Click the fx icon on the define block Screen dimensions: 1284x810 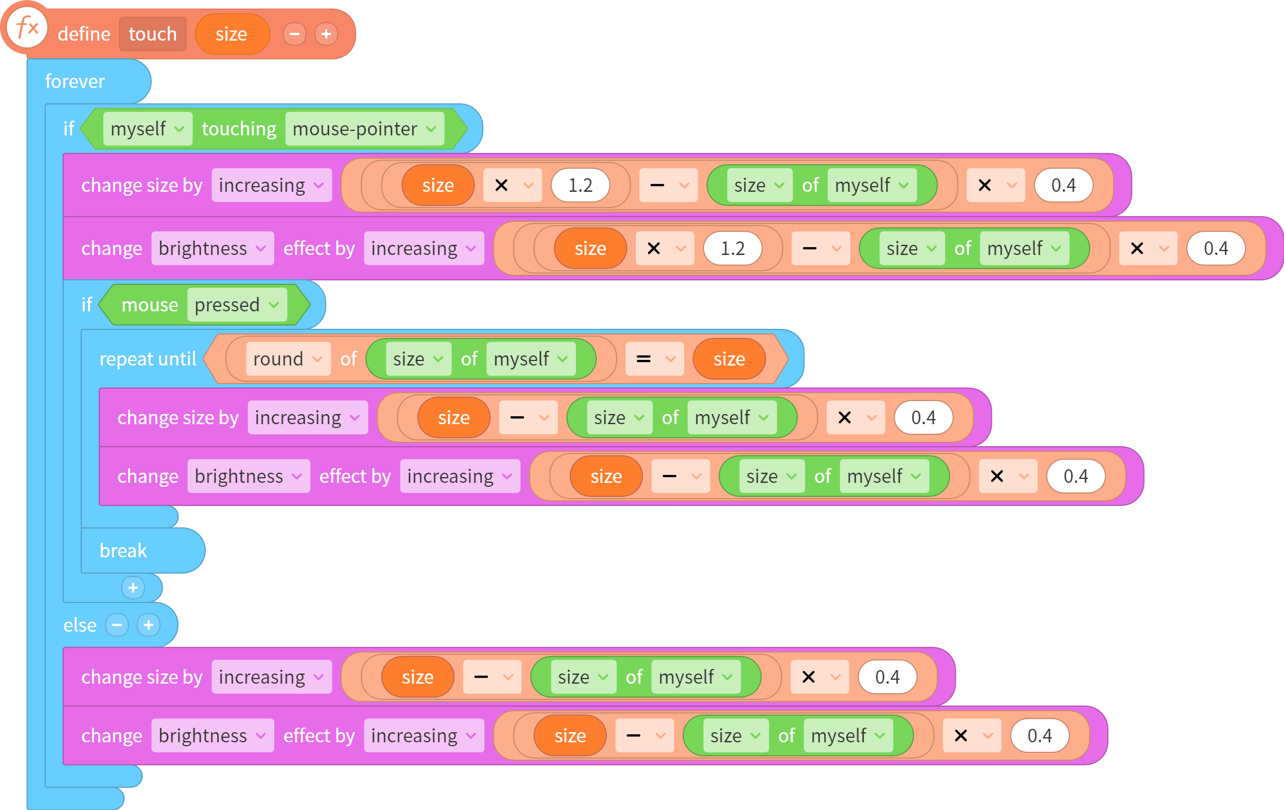click(x=27, y=27)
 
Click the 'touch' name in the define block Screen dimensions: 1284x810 click(x=152, y=34)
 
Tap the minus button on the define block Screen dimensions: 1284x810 click(x=294, y=34)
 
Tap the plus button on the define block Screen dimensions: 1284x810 click(x=326, y=34)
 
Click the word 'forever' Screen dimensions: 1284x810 click(x=75, y=81)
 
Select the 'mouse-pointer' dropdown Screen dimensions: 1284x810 click(x=364, y=129)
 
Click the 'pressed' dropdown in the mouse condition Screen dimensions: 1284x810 click(x=237, y=305)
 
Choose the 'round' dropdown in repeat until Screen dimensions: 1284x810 click(x=288, y=359)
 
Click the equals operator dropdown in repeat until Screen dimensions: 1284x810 click(x=654, y=359)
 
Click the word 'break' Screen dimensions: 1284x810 click(x=123, y=551)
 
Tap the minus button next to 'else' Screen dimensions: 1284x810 click(x=117, y=625)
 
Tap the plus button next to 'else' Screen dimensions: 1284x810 click(x=149, y=625)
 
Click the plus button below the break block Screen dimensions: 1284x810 click(x=133, y=588)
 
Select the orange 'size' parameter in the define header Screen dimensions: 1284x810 click(x=231, y=34)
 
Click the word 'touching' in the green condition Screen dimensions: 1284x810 click(x=239, y=129)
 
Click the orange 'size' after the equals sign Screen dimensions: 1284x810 click(x=729, y=359)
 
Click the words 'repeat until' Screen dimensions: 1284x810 click(x=148, y=359)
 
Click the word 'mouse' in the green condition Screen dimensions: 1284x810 click(x=150, y=305)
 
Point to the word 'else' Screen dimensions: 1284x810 click(x=80, y=625)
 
